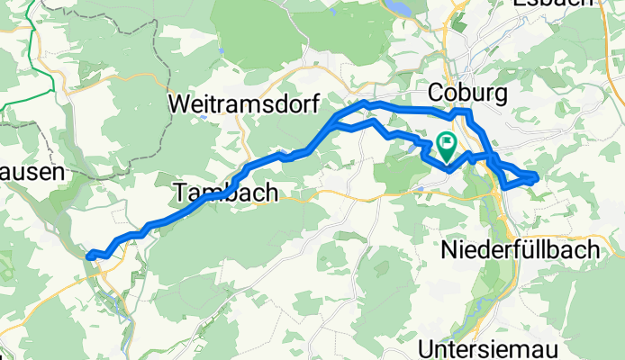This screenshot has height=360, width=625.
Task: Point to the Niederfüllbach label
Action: pos(520,251)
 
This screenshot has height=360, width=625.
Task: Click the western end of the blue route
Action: pos(88,256)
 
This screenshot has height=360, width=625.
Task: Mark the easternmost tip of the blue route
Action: pos(537,176)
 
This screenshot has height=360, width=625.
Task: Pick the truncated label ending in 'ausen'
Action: pos(31,172)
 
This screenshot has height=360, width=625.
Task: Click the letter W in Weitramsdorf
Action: pos(177,104)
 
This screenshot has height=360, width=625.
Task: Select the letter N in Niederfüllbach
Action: pos(448,251)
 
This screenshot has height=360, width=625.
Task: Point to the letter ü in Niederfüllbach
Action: pos(528,251)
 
